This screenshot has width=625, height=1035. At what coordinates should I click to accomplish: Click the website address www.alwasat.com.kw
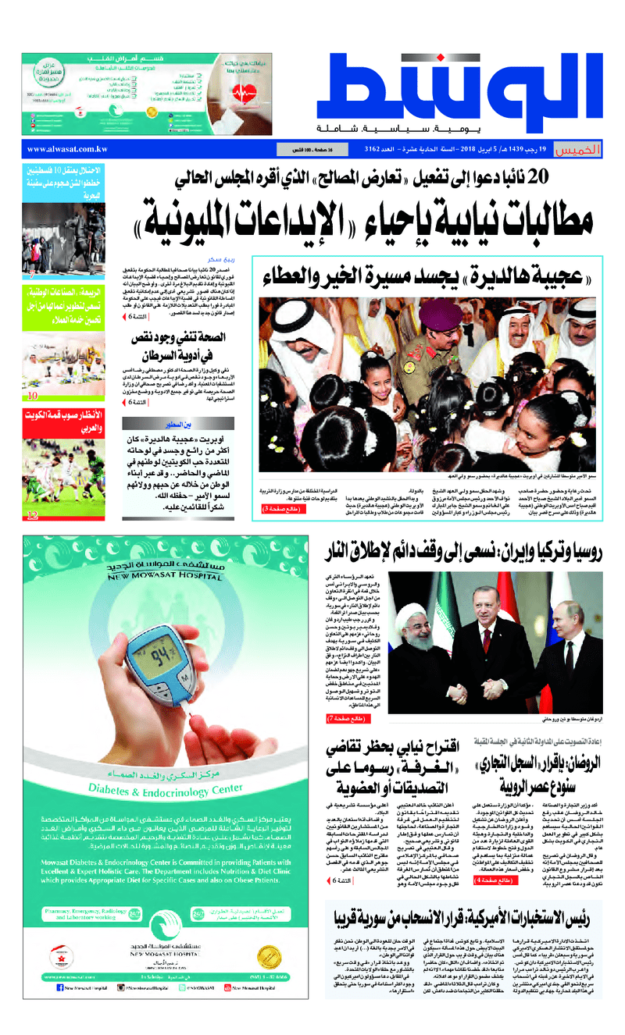(x=66, y=148)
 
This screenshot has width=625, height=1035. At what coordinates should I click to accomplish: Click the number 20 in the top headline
(x=537, y=177)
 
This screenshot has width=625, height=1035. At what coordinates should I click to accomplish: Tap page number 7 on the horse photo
(x=33, y=273)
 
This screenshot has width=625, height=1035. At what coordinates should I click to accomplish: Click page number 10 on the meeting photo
(x=33, y=396)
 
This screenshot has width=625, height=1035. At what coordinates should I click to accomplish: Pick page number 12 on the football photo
(x=33, y=514)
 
